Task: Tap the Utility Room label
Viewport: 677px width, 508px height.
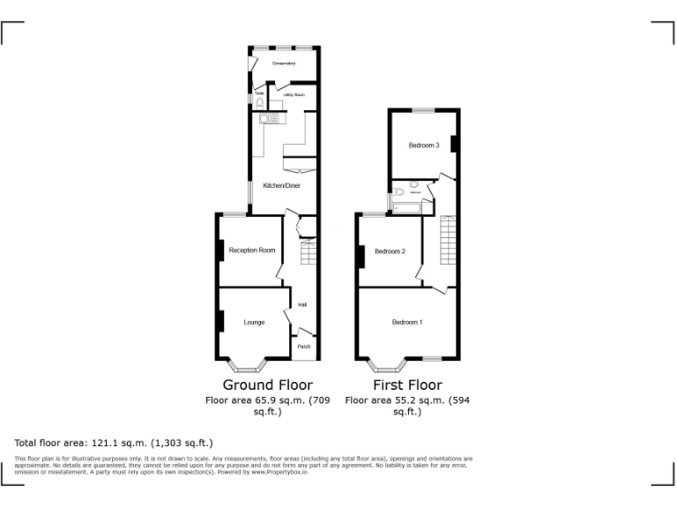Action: (294, 94)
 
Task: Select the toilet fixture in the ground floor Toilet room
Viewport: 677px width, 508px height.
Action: (260, 102)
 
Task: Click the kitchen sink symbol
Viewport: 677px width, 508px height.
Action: (266, 118)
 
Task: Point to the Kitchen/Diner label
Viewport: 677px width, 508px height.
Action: (281, 185)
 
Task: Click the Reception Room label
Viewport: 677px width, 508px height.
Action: (252, 250)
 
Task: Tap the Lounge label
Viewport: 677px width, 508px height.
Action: (255, 323)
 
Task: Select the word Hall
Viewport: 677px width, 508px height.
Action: (302, 305)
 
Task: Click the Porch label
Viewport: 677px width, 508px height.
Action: (303, 347)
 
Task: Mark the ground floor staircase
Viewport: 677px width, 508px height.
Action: (309, 255)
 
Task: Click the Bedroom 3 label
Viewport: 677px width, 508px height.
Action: (423, 146)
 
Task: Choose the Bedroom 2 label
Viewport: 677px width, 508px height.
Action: (390, 251)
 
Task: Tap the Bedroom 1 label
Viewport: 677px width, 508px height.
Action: (407, 323)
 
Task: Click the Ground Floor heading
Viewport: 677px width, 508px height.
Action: (267, 385)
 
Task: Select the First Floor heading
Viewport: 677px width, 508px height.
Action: (407, 385)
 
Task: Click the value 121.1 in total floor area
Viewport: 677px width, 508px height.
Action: (108, 443)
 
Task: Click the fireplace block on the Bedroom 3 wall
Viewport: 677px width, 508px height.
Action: (453, 144)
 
